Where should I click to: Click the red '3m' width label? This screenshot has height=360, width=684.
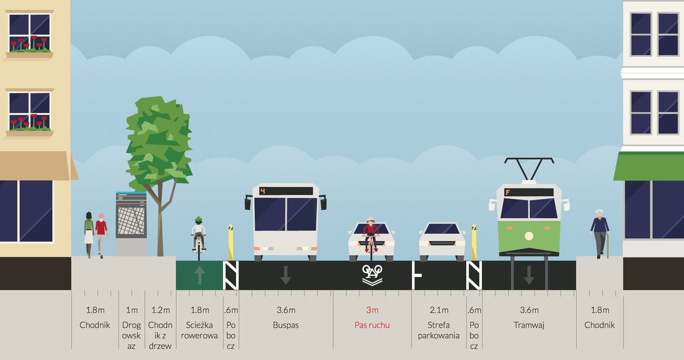(372, 310)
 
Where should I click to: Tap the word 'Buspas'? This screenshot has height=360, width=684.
(286, 325)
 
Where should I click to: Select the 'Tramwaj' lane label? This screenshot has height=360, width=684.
(528, 325)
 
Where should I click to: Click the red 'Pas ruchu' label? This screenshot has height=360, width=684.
(372, 325)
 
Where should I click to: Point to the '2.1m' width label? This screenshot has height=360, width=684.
(438, 310)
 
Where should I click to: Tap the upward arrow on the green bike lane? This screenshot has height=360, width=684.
(199, 276)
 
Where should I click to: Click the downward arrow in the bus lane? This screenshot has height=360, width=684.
(286, 276)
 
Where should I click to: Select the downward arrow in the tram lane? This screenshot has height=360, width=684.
(528, 276)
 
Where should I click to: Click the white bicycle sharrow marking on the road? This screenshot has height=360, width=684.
(372, 275)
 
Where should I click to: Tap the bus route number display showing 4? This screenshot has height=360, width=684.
(263, 191)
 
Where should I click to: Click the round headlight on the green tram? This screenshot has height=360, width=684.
(528, 236)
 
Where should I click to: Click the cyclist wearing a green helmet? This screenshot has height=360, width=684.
(198, 234)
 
